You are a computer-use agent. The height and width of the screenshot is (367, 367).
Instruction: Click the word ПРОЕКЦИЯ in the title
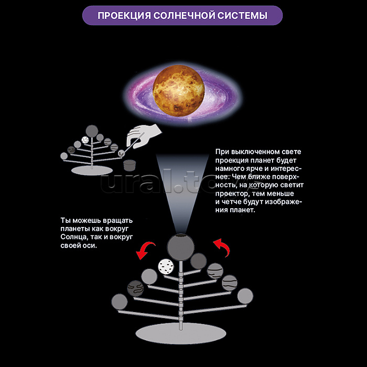coord(124,16)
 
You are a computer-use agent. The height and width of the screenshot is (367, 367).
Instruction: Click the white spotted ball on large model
coord(166,267)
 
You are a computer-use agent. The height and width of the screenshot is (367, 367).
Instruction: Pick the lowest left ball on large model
coord(120,302)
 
